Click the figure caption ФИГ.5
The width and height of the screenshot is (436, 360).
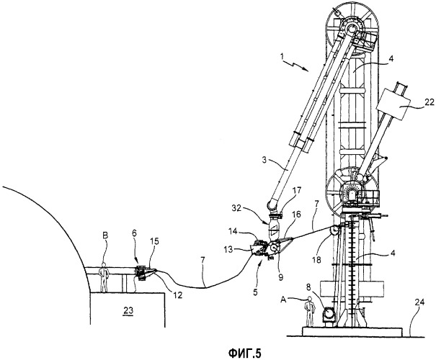click(x=245, y=354)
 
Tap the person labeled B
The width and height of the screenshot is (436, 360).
click(x=104, y=277)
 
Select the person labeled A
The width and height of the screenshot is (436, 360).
click(x=310, y=311)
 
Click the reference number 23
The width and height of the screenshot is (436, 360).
click(x=128, y=310)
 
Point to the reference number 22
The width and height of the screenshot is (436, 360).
click(x=430, y=102)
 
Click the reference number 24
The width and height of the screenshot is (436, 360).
click(x=420, y=302)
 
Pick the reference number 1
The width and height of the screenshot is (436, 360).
click(x=282, y=56)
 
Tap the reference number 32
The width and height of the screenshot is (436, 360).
click(x=237, y=209)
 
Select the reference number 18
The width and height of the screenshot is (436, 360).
click(x=317, y=260)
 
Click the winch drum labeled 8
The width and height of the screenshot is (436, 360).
click(x=329, y=314)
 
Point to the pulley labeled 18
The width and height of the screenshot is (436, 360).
click(x=334, y=230)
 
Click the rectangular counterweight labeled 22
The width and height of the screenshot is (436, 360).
click(x=393, y=104)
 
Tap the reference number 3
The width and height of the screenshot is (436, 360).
click(x=265, y=161)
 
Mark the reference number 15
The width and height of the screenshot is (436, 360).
click(x=154, y=241)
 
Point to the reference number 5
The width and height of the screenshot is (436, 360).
click(x=255, y=292)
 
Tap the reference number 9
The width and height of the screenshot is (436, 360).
click(x=280, y=277)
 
